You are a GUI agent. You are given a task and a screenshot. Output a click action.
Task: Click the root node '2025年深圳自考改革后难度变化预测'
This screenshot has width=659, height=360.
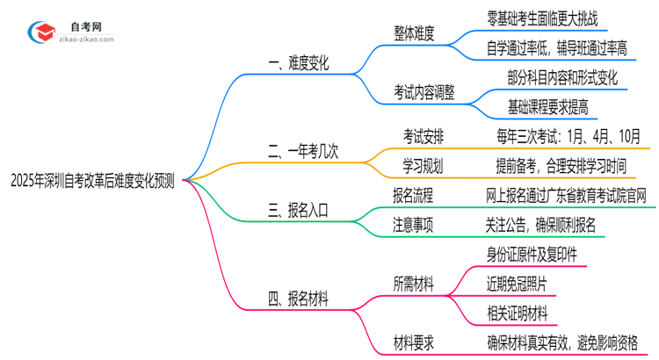pyautogui.click(x=91, y=182)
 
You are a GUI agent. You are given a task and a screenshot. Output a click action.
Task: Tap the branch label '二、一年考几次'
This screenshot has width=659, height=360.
pyautogui.click(x=303, y=152)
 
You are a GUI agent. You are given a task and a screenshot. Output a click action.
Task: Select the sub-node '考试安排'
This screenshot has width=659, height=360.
pyautogui.click(x=425, y=137)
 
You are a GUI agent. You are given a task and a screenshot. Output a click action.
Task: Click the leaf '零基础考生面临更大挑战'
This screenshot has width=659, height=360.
pyautogui.click(x=546, y=15)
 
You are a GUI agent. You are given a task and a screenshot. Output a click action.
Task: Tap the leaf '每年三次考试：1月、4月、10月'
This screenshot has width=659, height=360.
pyautogui.click(x=568, y=137)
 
